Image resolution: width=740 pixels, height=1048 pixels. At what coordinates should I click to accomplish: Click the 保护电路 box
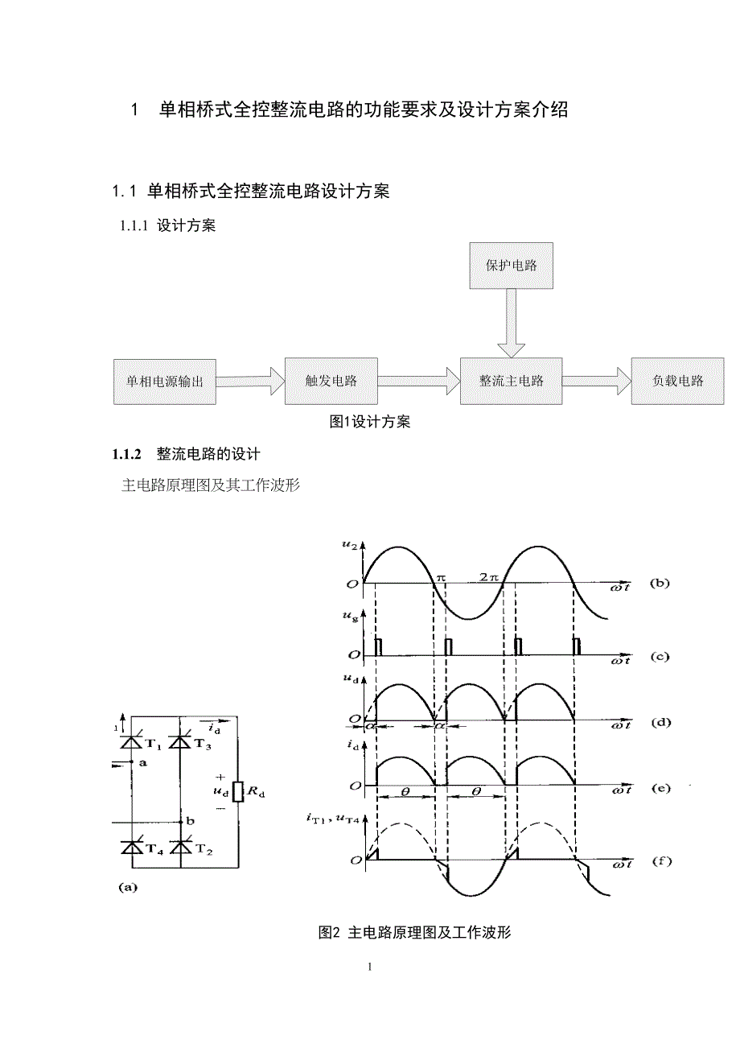(x=511, y=265)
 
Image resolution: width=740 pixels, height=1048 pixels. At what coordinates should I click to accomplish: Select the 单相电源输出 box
(x=159, y=381)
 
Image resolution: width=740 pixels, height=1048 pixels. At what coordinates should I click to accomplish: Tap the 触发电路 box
(x=331, y=381)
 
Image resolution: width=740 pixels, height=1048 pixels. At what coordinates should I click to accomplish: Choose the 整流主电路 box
(x=511, y=381)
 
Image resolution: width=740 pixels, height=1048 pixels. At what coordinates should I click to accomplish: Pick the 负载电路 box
(x=677, y=381)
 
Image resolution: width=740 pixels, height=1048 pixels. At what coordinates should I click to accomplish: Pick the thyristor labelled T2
(x=181, y=848)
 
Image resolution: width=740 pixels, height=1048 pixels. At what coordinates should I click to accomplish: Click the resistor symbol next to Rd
(x=237, y=792)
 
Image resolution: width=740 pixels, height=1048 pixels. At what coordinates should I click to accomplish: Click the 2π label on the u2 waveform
(x=489, y=577)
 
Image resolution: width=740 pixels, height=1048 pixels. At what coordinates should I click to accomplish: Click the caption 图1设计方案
(x=370, y=421)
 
